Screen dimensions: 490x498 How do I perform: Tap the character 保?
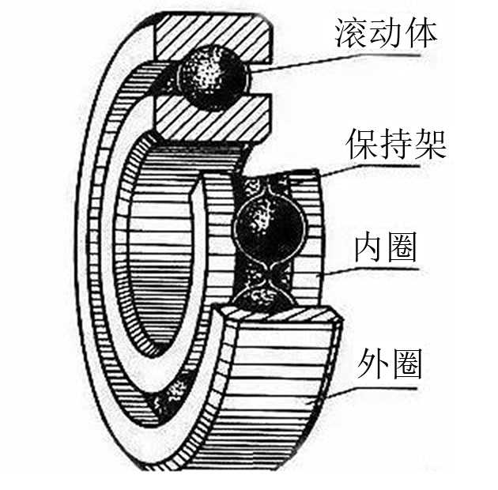click(x=361, y=144)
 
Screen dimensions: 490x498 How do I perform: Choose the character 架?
click(x=432, y=144)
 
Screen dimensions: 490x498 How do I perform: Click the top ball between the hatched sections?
click(x=212, y=77)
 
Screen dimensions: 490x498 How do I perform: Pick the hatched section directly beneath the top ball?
click(x=209, y=117)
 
